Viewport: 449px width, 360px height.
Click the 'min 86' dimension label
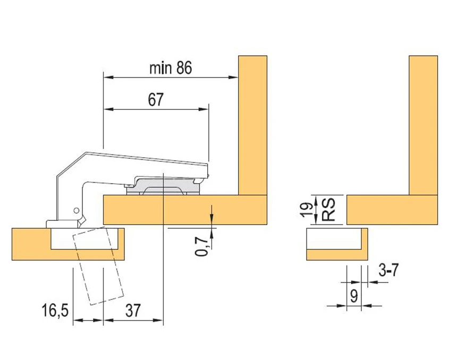point(170,68)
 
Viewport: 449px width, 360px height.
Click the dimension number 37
point(133,310)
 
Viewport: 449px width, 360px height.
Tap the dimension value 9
point(353,295)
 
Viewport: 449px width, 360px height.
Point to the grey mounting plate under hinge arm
point(165,186)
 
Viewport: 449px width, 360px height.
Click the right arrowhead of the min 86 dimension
point(234,78)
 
